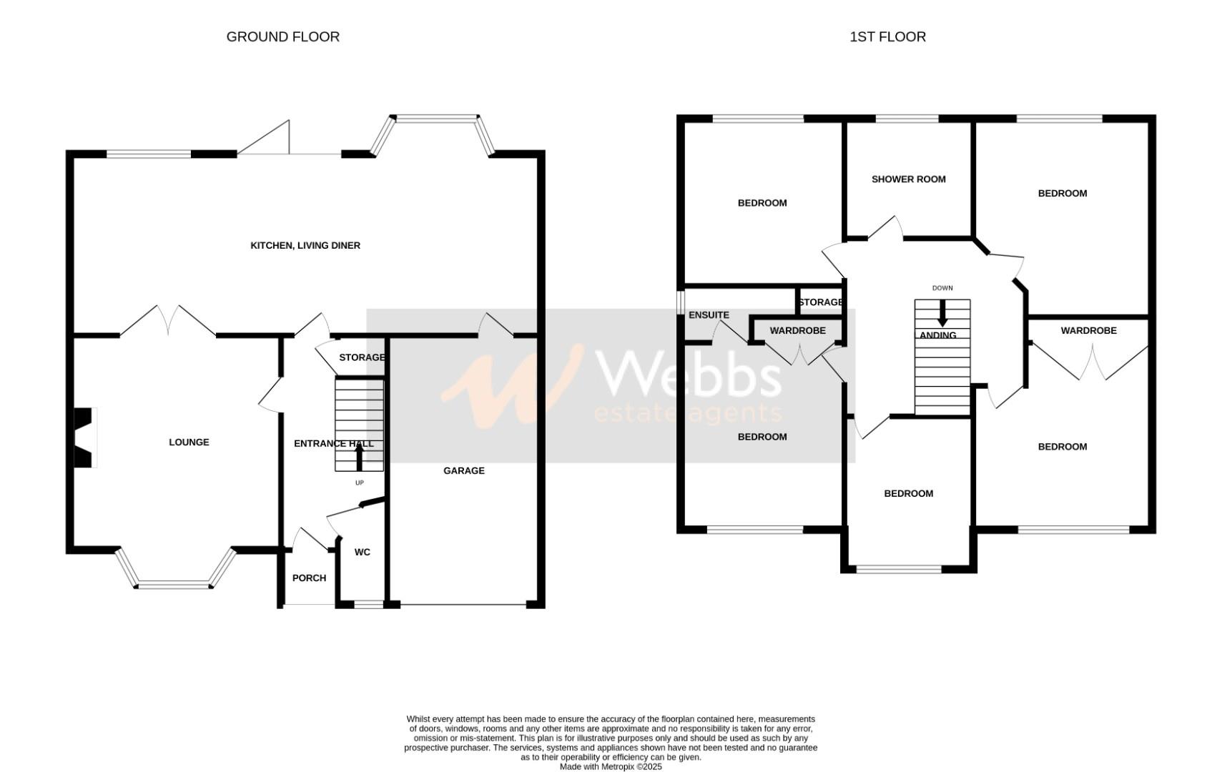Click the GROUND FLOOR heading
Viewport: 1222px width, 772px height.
(x=282, y=36)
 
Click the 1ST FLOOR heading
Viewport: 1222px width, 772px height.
(x=887, y=36)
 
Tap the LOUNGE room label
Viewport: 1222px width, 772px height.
(x=189, y=442)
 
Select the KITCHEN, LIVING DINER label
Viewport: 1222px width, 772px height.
(x=305, y=245)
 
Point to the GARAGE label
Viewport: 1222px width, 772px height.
(x=464, y=470)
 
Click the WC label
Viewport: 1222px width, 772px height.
(x=363, y=552)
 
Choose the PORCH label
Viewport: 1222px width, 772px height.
(x=309, y=578)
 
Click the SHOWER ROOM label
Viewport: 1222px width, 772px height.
(x=908, y=179)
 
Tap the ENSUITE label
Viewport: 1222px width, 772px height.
(x=709, y=315)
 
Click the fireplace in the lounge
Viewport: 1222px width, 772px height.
(x=84, y=437)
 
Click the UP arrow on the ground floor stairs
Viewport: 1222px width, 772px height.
(x=359, y=457)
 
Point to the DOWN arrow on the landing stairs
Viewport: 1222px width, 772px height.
(x=942, y=312)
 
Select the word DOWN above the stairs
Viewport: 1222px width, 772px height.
(x=942, y=288)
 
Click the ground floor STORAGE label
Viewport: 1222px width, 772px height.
(x=362, y=357)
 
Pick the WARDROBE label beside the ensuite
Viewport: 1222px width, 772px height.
(x=797, y=330)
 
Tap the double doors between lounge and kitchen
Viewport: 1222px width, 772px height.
(x=168, y=322)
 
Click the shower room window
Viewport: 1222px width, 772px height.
(x=907, y=119)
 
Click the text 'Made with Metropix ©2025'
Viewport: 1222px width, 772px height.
(x=611, y=766)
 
